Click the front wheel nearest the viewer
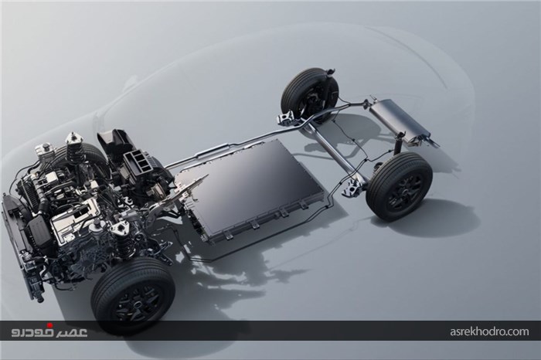tap(134, 296)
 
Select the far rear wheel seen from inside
tap(309, 93)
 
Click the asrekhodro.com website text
tap(489, 331)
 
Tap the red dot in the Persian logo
tap(49, 325)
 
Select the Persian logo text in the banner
tap(49, 331)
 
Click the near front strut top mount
tap(119, 229)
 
